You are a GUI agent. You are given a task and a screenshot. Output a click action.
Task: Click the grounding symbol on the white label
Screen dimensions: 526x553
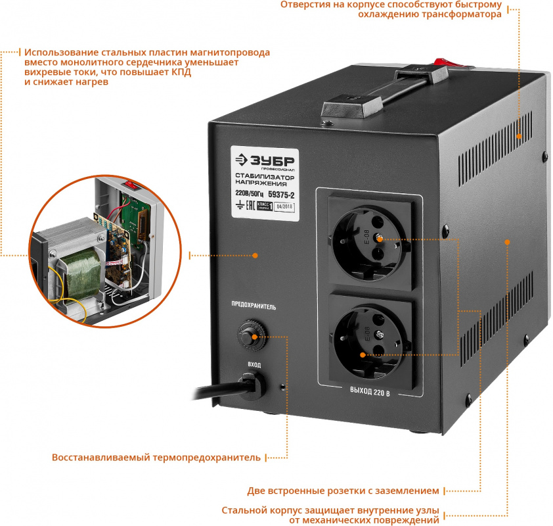tap(240, 206)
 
